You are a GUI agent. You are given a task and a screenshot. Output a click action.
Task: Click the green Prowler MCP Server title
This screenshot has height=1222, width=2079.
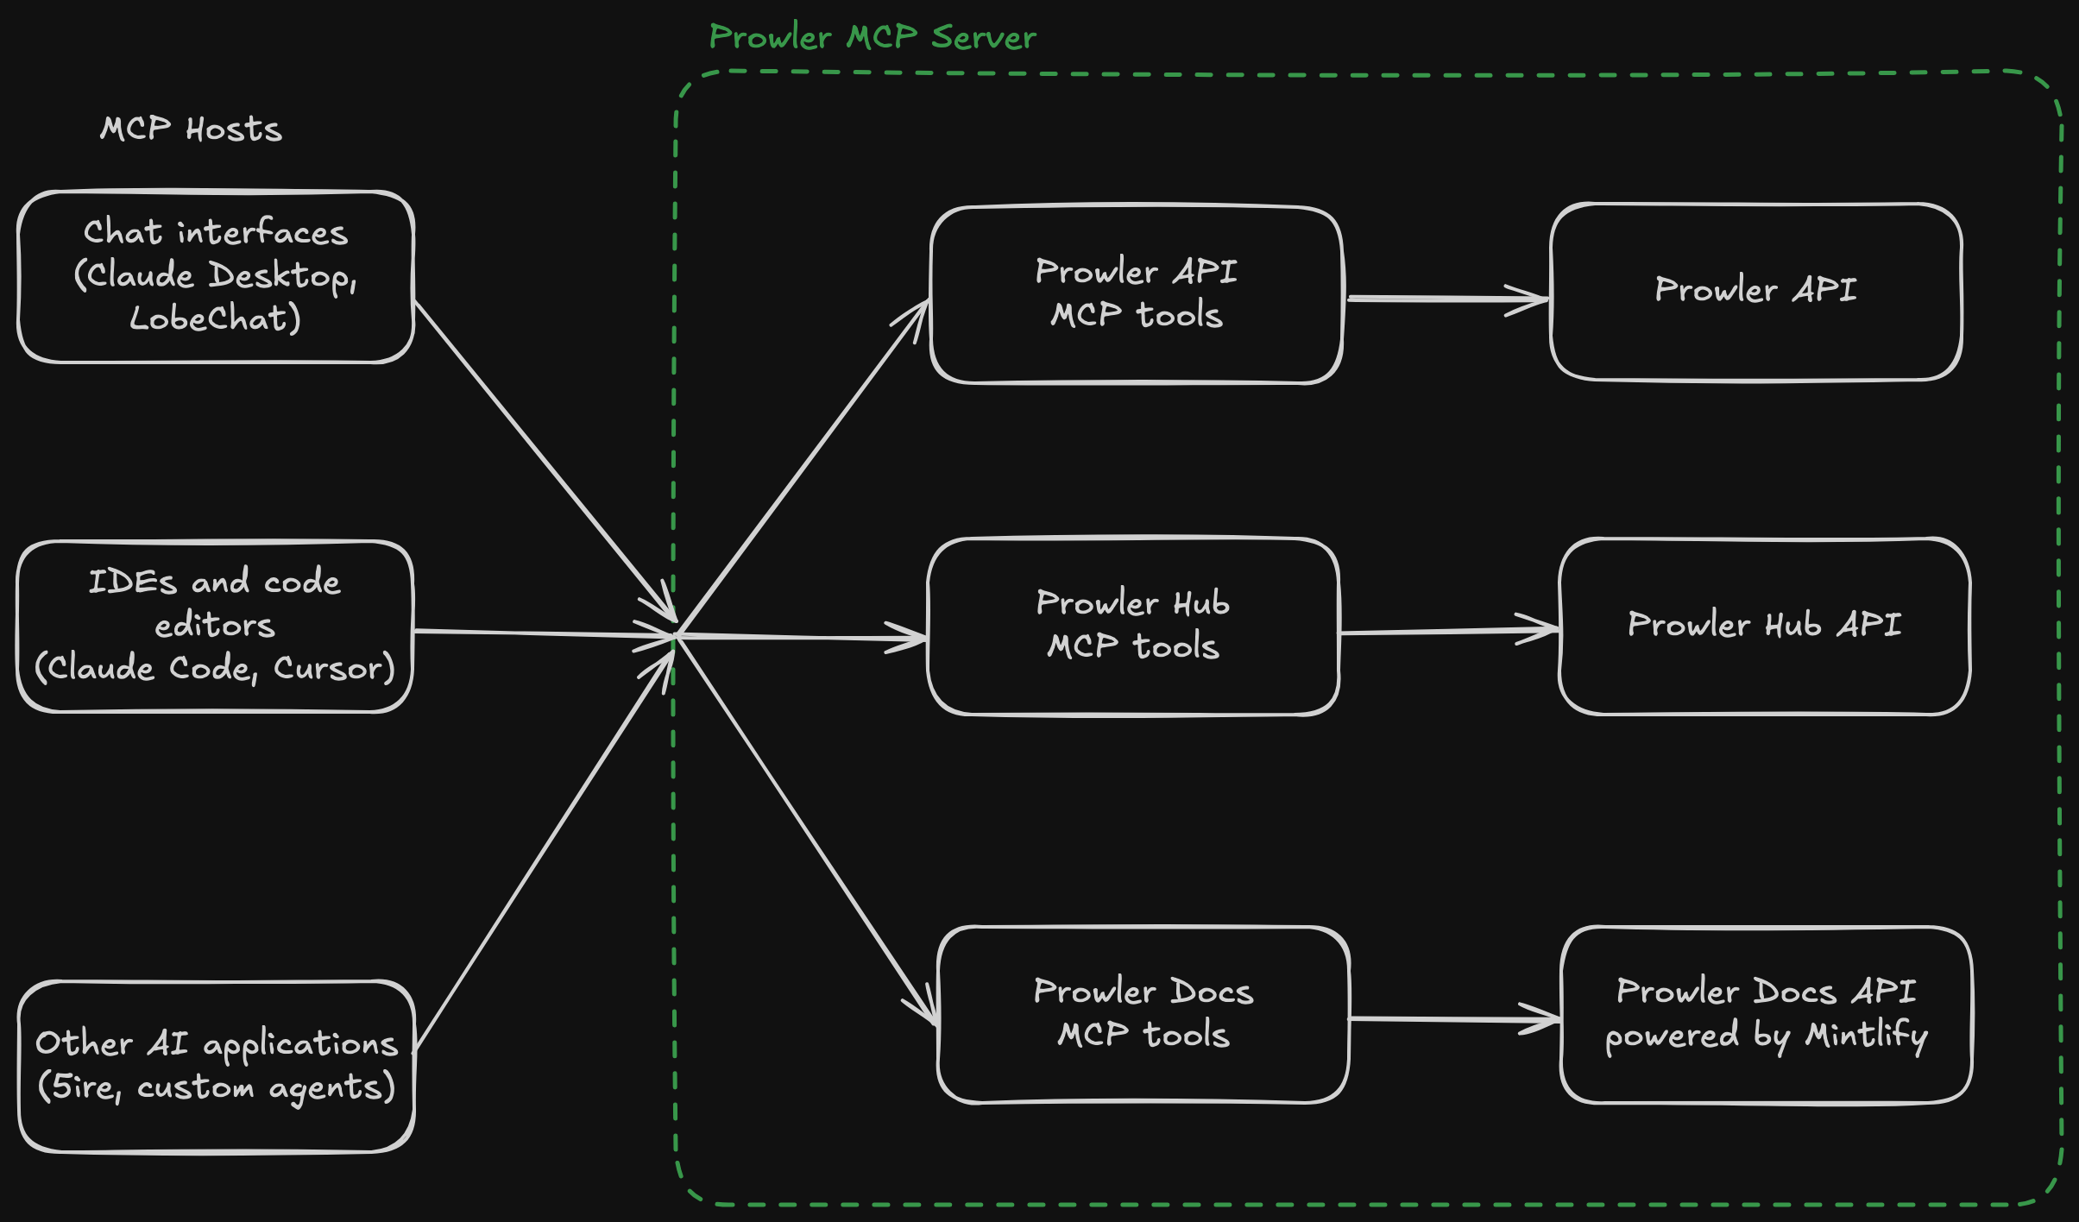[x=872, y=38]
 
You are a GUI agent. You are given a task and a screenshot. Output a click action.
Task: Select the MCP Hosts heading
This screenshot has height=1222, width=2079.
[x=191, y=129]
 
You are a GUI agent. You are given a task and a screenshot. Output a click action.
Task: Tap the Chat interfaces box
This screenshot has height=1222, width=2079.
[x=216, y=276]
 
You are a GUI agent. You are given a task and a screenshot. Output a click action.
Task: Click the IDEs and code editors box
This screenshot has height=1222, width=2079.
[x=214, y=627]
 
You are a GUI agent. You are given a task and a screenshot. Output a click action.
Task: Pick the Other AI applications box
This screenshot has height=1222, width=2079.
[x=216, y=1066]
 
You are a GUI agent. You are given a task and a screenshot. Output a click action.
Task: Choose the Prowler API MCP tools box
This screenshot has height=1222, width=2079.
[x=1136, y=294]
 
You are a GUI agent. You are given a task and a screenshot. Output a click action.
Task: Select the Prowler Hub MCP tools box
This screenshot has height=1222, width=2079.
[x=1132, y=627]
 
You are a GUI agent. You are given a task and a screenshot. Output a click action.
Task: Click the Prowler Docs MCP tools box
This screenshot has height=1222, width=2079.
[x=1143, y=1015]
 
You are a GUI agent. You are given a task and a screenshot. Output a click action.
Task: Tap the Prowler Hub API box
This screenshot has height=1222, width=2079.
[x=1764, y=627]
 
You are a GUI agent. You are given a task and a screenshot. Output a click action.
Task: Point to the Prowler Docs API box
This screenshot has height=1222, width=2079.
[x=1766, y=1015]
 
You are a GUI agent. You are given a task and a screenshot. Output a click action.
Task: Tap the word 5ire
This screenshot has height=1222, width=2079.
[x=84, y=1087]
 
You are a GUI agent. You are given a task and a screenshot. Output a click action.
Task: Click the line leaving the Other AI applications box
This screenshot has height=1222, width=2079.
[x=544, y=850]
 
